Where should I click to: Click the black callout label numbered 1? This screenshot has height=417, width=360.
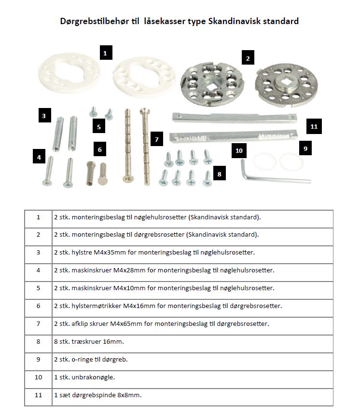(x=105, y=52)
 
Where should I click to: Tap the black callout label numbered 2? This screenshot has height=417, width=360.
(x=248, y=58)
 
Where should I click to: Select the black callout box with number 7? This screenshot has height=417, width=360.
(x=156, y=139)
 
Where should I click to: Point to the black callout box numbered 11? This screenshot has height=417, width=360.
(x=314, y=126)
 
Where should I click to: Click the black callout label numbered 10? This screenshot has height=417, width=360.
(x=239, y=150)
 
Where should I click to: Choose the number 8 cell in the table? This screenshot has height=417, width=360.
(x=38, y=341)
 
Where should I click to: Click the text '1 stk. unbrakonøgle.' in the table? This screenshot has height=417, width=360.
(x=85, y=377)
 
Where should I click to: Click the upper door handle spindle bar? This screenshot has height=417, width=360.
(x=234, y=117)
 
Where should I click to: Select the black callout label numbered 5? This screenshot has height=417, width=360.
(x=99, y=127)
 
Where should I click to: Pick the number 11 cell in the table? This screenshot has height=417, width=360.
(x=38, y=395)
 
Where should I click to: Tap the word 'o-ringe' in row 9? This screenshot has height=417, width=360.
(x=83, y=359)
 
